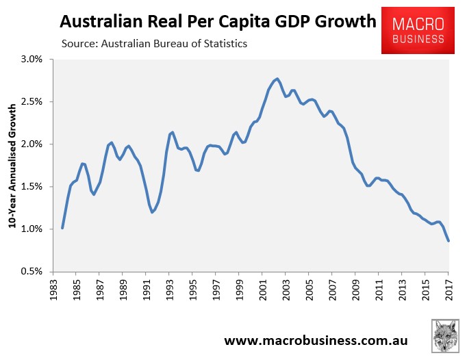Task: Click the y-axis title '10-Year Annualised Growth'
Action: (x=12, y=166)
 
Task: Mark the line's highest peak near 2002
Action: (x=277, y=79)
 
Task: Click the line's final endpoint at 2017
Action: (x=449, y=240)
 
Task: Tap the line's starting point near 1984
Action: (x=62, y=228)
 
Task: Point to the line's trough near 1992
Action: (x=152, y=212)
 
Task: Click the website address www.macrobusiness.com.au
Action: (x=320, y=340)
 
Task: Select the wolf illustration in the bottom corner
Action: (x=446, y=336)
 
